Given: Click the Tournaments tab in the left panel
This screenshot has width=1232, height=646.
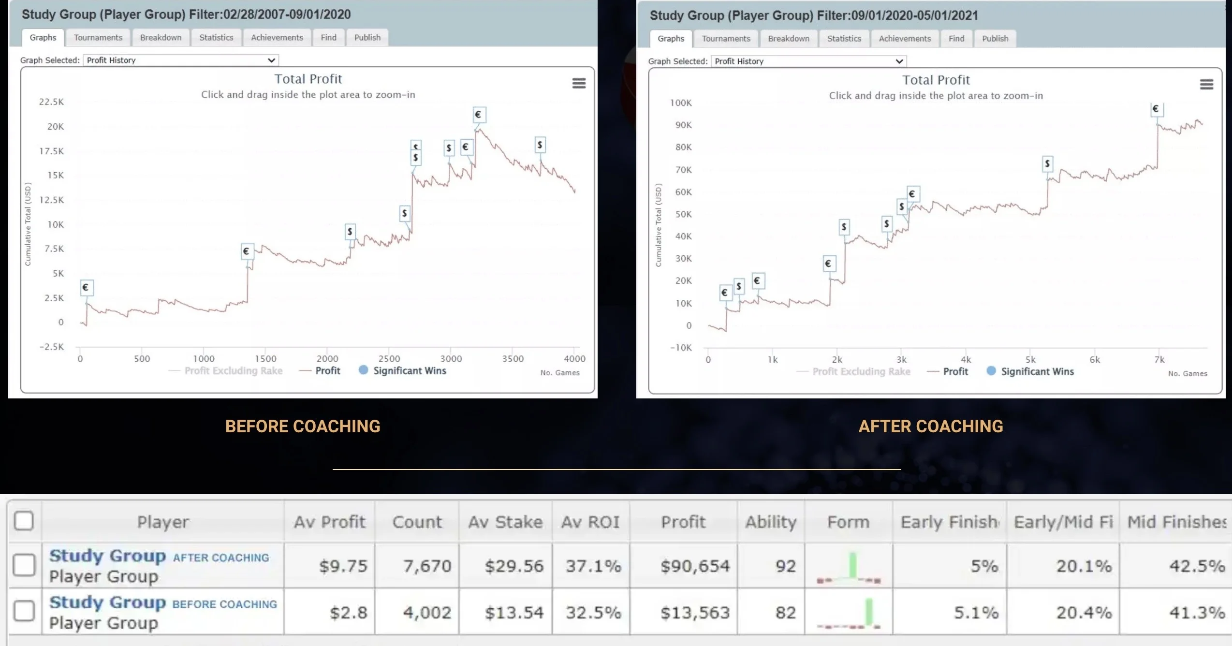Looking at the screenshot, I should pyautogui.click(x=98, y=37).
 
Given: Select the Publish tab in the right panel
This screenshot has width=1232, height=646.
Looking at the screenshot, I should pyautogui.click(x=995, y=38).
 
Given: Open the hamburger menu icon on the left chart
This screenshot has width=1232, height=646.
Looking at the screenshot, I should pyautogui.click(x=579, y=83).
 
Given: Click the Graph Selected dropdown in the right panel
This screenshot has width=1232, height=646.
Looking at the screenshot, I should pyautogui.click(x=808, y=61).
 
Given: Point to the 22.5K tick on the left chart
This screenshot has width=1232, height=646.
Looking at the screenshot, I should pyautogui.click(x=51, y=102).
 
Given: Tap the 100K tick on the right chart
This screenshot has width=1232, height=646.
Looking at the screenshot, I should pyautogui.click(x=680, y=103).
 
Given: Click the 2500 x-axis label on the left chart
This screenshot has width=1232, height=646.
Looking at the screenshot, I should pyautogui.click(x=389, y=359).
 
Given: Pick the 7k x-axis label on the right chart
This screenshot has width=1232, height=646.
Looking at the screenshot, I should pyautogui.click(x=1159, y=360).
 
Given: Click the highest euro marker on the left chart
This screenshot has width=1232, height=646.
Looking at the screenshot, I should pyautogui.click(x=478, y=115).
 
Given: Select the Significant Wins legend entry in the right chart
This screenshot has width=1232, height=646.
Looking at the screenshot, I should pyautogui.click(x=1037, y=371).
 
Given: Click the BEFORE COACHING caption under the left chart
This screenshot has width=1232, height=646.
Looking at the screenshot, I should pyautogui.click(x=303, y=426).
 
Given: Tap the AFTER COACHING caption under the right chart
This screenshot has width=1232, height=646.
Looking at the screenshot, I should pyautogui.click(x=930, y=426).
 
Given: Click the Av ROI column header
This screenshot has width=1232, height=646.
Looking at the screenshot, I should pyautogui.click(x=590, y=522).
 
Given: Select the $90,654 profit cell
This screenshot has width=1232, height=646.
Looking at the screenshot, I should pyautogui.click(x=695, y=566).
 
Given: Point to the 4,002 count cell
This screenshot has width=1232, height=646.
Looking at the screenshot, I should pyautogui.click(x=427, y=613).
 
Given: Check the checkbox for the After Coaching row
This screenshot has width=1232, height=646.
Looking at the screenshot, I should pyautogui.click(x=24, y=565).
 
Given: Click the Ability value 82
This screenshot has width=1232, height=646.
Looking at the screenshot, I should pyautogui.click(x=785, y=613).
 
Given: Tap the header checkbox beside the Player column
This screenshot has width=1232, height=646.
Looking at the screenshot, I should pyautogui.click(x=24, y=521).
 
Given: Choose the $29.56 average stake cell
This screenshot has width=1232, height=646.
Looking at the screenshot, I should pyautogui.click(x=514, y=566).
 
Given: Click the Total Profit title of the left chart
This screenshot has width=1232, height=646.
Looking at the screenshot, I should pyautogui.click(x=308, y=79).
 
